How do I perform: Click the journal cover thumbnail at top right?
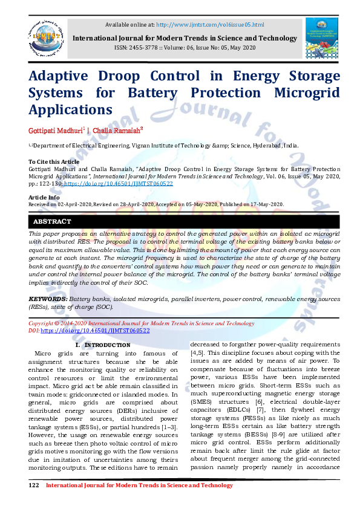pos(321,38)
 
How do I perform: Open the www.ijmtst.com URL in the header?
pos(210,24)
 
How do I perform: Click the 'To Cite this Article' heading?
pos(54,161)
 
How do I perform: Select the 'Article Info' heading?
pos(44,197)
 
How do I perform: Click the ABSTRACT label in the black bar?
pos(52,222)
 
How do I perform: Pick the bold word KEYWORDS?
pos(48,299)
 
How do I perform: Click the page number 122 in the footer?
pos(34,485)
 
